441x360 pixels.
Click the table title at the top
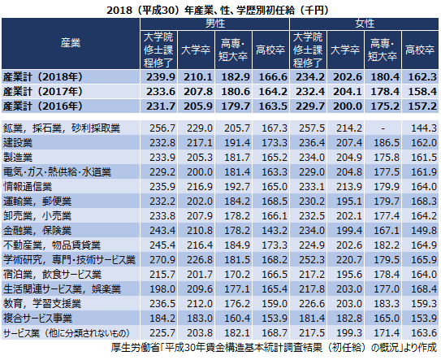pos(218,10)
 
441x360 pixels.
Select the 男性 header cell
pos(215,24)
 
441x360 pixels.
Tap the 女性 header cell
pos(364,24)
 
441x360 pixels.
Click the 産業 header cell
pos(71,43)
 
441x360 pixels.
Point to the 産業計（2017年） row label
pos(43,92)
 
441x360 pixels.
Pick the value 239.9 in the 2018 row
pos(161,77)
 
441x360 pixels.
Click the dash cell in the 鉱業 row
pos(383,128)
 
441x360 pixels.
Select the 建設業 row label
pos(18,143)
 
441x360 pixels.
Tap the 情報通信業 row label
pos(28,187)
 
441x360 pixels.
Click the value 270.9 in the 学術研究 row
pos(162,259)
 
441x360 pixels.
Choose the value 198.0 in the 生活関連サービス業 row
pos(162,288)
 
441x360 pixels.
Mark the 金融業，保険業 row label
pos(37,231)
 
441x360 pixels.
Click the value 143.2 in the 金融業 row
pos(275,231)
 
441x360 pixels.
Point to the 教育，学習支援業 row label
pos(42,304)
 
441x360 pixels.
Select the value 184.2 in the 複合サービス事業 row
pos(162,318)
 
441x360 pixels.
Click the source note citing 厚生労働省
pos(274,348)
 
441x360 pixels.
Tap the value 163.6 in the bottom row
pos(424,332)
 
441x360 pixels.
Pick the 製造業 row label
pos(18,158)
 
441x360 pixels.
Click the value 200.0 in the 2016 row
pos(348,106)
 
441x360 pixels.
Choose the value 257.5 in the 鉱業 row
pos(312,128)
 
